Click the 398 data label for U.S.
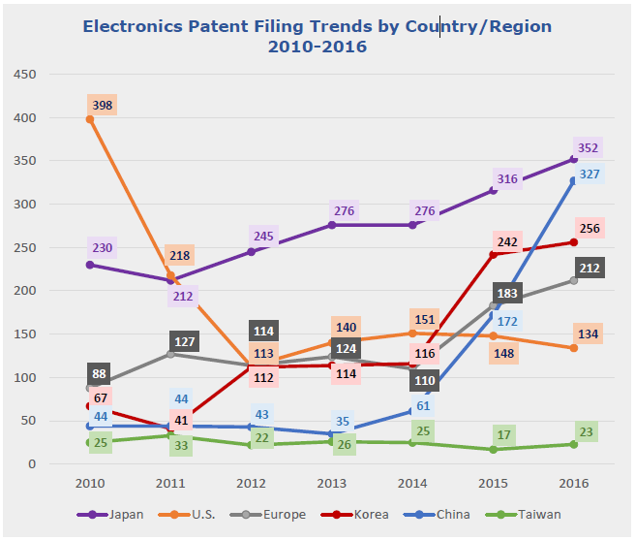(x=102, y=104)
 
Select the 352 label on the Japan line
(x=589, y=148)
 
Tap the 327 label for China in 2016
(x=589, y=175)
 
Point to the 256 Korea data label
(x=589, y=227)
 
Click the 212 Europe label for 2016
(x=589, y=268)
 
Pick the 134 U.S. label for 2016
(x=589, y=334)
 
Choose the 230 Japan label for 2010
(x=103, y=247)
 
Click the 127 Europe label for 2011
(x=184, y=341)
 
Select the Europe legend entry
(x=280, y=515)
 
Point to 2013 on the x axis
(x=332, y=482)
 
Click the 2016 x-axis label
(x=574, y=482)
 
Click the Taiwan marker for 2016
(x=574, y=444)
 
